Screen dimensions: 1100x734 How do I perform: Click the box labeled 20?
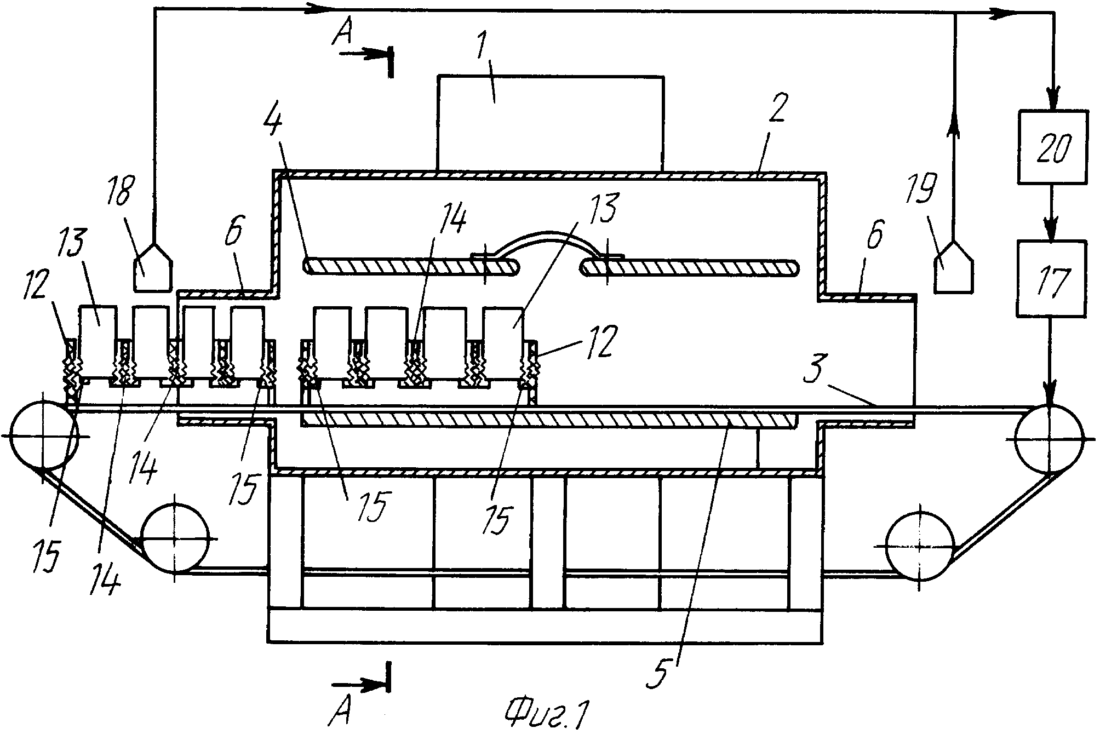coord(1052,147)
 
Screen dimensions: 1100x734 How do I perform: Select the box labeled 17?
coord(1052,278)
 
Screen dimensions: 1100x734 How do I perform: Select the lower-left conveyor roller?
coord(175,538)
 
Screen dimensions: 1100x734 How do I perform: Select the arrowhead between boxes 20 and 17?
coord(1052,230)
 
